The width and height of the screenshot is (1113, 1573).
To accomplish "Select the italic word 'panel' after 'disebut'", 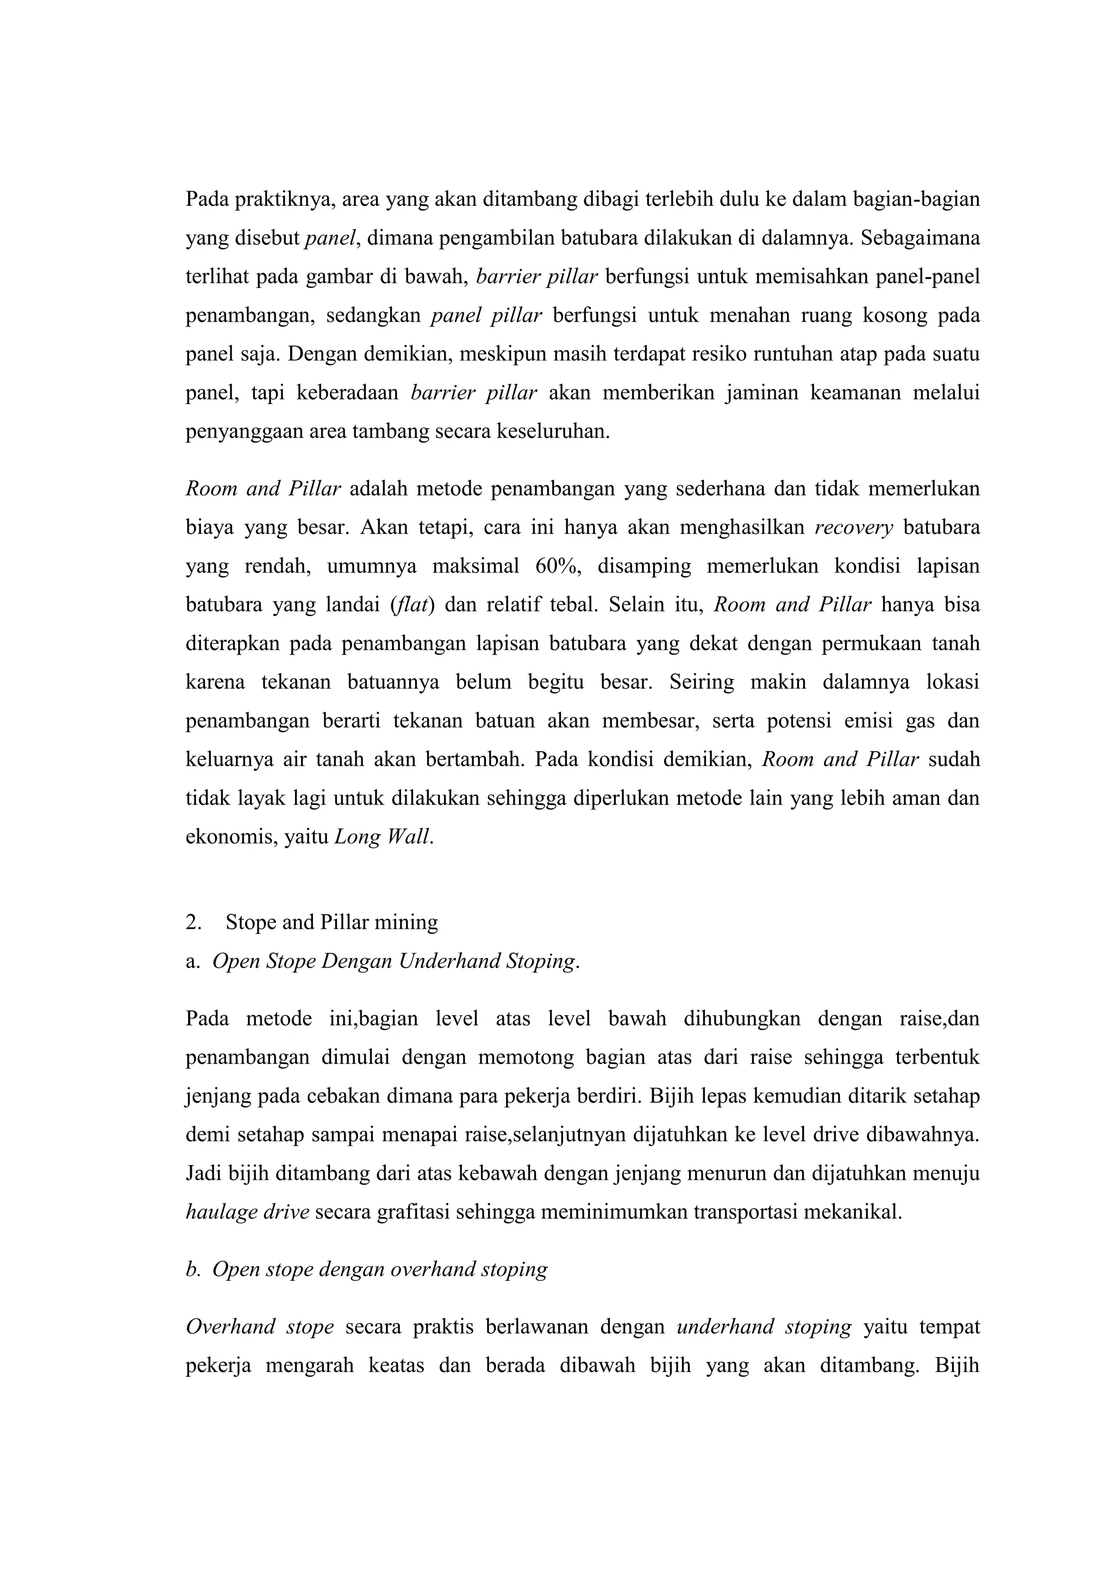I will [330, 238].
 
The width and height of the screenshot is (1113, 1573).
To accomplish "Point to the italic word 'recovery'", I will [853, 528].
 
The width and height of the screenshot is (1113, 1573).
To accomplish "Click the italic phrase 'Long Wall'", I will [383, 837].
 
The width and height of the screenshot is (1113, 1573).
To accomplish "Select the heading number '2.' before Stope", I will [193, 922].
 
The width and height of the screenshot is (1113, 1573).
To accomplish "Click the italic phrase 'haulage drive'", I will [247, 1213].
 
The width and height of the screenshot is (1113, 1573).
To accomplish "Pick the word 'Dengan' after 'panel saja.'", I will [318, 354].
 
